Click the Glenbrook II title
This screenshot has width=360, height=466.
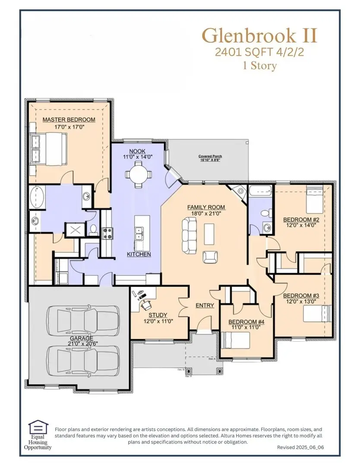click(259, 36)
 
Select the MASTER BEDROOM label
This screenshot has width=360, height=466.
click(69, 120)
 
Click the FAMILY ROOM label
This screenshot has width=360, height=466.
click(206, 207)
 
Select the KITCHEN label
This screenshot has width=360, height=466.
click(139, 254)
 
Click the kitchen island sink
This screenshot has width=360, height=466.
click(139, 233)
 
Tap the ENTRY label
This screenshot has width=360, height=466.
click(205, 305)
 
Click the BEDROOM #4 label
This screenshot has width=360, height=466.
click(243, 321)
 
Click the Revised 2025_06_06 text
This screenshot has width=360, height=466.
click(300, 447)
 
